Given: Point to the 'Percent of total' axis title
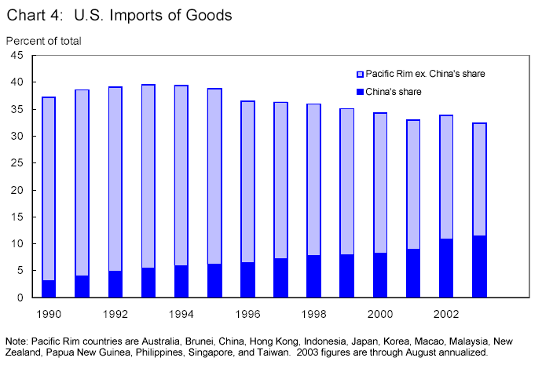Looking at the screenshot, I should (x=43, y=40).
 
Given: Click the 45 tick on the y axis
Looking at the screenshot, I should (x=16, y=55).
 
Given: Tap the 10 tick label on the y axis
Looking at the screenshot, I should (x=16, y=244).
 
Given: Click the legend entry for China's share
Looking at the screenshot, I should (x=394, y=92).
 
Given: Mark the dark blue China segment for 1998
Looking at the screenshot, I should (x=313, y=276).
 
